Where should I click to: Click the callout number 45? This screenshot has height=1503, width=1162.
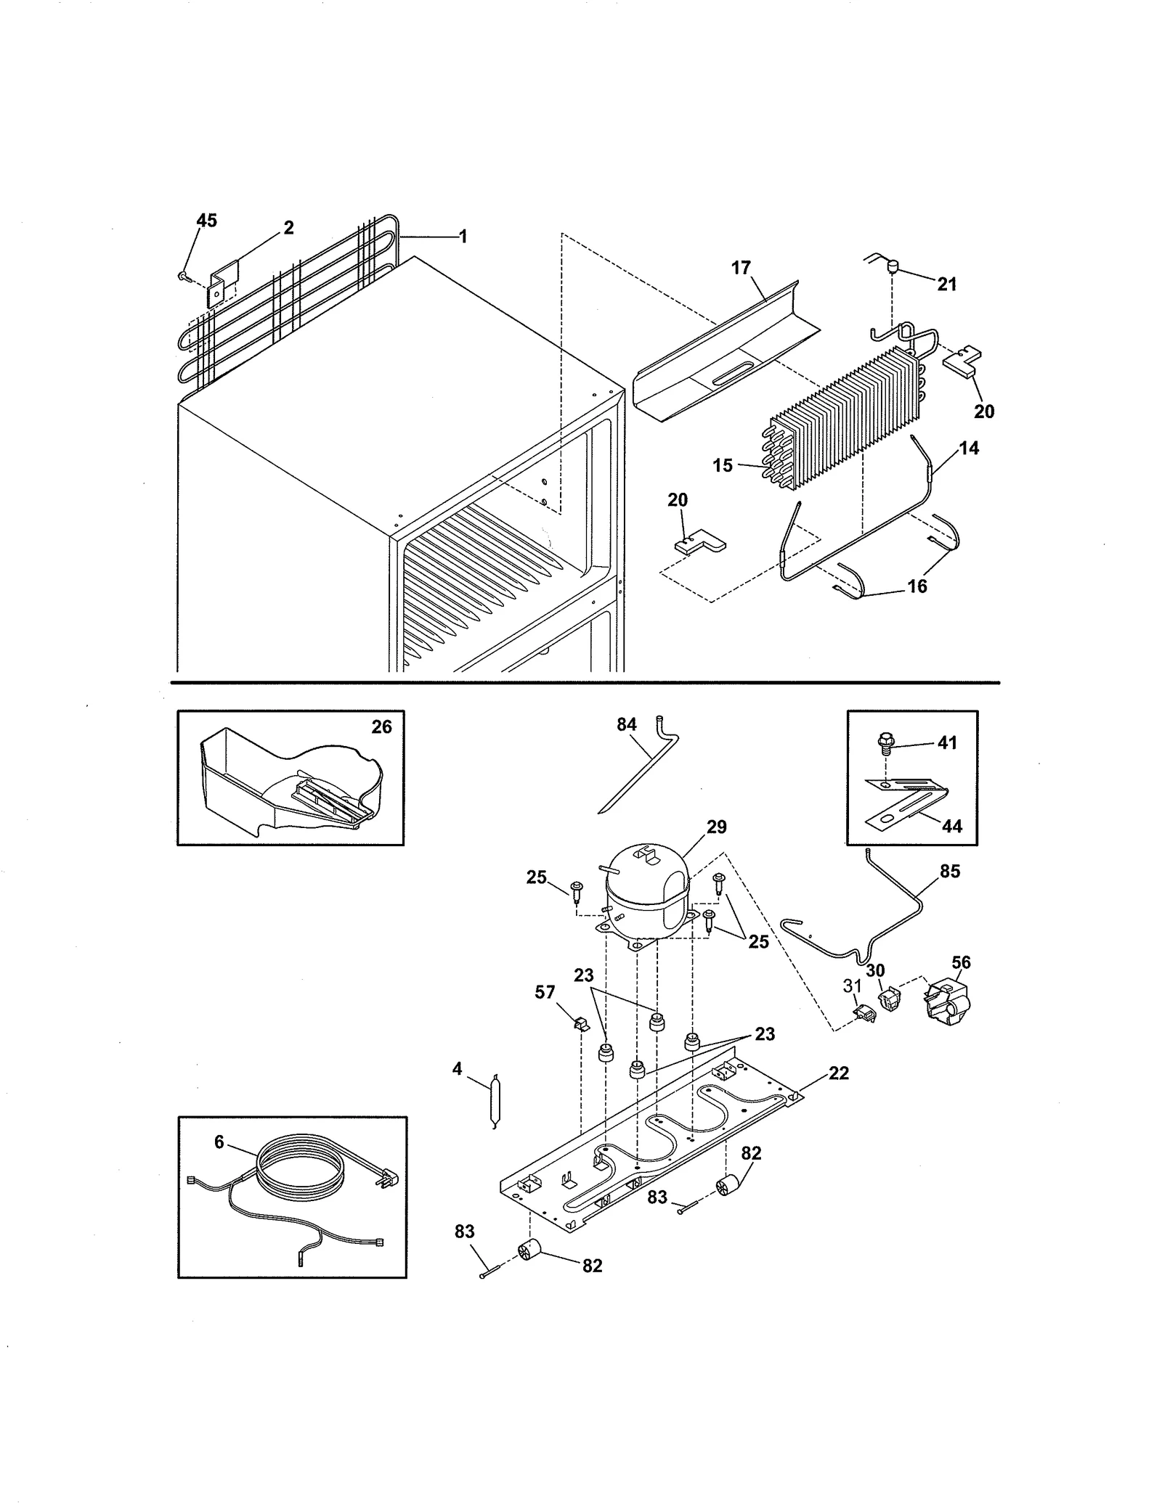[206, 221]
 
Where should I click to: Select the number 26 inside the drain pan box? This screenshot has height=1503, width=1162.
[381, 726]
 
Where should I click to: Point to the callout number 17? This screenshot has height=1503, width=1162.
[740, 268]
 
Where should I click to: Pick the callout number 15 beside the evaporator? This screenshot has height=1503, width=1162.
[723, 465]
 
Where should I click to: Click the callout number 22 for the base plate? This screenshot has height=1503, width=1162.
[838, 1073]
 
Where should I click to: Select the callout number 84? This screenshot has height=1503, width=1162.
[626, 724]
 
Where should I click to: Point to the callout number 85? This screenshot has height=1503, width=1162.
[949, 871]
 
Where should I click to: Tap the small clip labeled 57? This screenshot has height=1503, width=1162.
[580, 1024]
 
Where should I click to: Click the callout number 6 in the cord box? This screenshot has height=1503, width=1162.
[219, 1142]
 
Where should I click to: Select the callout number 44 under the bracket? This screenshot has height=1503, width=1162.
[951, 826]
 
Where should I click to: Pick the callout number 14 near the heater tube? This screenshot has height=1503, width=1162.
[969, 449]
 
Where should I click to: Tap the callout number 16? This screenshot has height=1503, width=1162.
[917, 586]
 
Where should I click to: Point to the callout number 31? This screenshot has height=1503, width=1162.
[852, 986]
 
